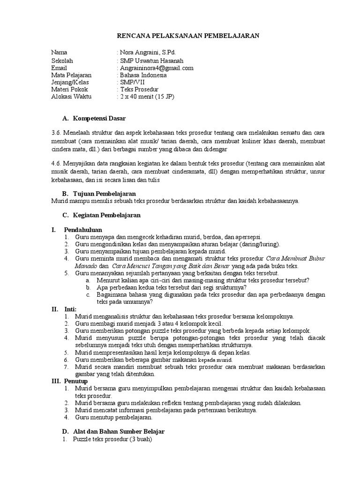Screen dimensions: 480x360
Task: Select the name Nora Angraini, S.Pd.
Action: (x=149, y=52)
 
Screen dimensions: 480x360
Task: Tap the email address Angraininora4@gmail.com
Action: (x=157, y=68)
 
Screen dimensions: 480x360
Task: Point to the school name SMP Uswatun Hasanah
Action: (x=152, y=60)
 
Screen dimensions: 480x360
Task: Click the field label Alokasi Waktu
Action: (x=72, y=96)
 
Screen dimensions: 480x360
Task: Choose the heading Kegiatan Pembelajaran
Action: (x=107, y=215)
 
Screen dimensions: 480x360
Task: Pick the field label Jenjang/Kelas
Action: (x=71, y=82)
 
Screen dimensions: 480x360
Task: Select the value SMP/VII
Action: (x=133, y=82)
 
